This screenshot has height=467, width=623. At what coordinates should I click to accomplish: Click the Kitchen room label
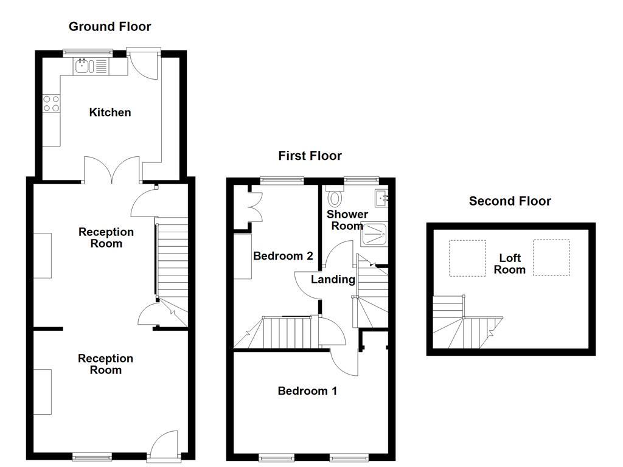[x=110, y=112]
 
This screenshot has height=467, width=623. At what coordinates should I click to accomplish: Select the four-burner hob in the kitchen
[x=51, y=104]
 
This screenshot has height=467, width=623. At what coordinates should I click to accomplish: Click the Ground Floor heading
[x=110, y=26]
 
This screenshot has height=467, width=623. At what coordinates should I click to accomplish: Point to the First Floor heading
[x=310, y=156]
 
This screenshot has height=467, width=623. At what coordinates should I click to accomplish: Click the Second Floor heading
[x=510, y=201]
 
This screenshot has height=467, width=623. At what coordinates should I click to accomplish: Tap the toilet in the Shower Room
[x=335, y=197]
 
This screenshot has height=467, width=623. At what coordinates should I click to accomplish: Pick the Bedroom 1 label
[x=307, y=391]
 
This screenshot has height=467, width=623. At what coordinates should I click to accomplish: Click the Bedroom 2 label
[x=283, y=256]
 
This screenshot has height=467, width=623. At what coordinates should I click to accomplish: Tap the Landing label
[x=333, y=280]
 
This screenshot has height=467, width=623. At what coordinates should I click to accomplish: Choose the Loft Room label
[x=510, y=264]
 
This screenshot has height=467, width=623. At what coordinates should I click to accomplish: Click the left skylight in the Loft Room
[x=467, y=258]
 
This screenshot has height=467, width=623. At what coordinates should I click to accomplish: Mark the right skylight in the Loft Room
[x=551, y=257]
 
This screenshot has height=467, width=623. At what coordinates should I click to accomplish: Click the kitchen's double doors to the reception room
[x=113, y=170]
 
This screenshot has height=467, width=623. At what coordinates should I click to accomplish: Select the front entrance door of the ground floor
[x=164, y=444]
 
